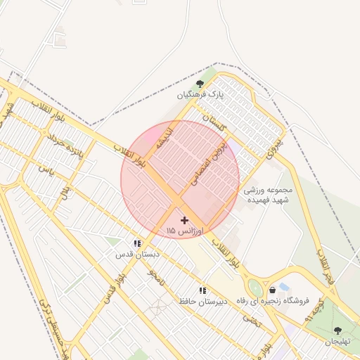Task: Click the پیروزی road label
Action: click(x=275, y=146)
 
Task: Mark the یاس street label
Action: click(x=46, y=169)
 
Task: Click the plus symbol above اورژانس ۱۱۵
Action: click(x=184, y=221)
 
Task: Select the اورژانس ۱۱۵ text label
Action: click(x=184, y=231)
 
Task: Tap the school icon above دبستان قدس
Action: click(x=138, y=243)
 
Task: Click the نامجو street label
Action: click(x=156, y=276)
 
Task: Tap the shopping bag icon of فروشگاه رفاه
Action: click(x=272, y=290)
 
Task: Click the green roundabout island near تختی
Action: click(x=256, y=288)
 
